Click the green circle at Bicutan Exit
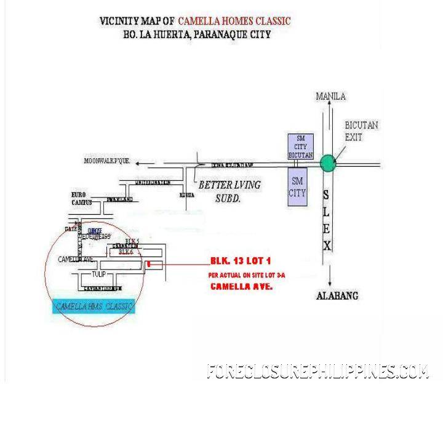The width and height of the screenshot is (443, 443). click(x=328, y=163)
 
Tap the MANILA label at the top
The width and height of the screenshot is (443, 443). click(x=330, y=96)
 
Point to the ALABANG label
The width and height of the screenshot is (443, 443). click(x=337, y=295)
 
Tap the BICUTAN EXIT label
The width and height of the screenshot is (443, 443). click(x=361, y=131)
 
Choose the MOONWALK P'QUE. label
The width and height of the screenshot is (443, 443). click(x=108, y=161)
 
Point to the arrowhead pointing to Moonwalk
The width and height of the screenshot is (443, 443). click(x=140, y=163)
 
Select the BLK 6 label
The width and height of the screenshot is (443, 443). click(x=126, y=252)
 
